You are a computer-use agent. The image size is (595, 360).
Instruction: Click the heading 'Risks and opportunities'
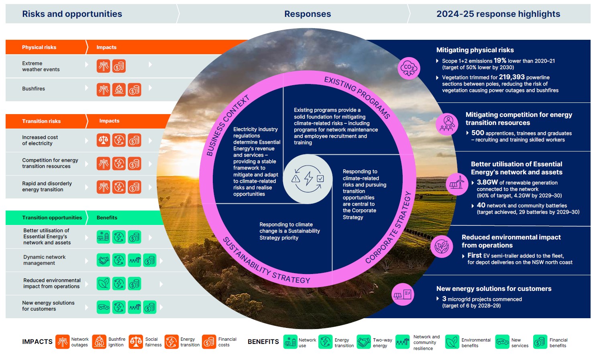click(x=72, y=14)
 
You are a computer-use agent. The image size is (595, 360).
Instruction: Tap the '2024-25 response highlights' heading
click(x=498, y=14)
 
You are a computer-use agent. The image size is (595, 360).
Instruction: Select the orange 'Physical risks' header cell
click(x=39, y=47)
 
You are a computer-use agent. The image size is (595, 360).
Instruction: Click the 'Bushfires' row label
click(x=33, y=89)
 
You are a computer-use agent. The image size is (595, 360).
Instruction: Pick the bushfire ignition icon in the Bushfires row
click(x=119, y=89)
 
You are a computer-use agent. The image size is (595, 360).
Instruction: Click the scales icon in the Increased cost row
click(x=104, y=140)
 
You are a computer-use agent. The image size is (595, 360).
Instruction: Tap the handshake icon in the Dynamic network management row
click(x=104, y=260)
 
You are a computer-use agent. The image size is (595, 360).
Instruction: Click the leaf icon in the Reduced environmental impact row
click(x=104, y=284)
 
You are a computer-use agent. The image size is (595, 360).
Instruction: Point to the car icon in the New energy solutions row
click(x=104, y=307)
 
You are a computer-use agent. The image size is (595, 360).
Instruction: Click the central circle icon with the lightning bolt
click(x=308, y=179)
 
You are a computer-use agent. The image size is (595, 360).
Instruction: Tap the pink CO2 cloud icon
click(x=409, y=68)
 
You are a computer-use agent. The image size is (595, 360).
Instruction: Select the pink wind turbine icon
click(x=457, y=184)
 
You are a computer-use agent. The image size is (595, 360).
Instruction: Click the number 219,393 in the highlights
click(x=511, y=77)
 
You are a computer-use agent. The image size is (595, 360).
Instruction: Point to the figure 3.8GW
click(x=487, y=182)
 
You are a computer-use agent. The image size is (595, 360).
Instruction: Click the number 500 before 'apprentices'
click(x=477, y=133)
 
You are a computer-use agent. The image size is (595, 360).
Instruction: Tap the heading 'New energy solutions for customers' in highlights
click(x=493, y=289)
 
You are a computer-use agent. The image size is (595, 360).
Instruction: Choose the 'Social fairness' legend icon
click(x=136, y=342)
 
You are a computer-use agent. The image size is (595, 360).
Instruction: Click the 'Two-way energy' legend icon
click(x=364, y=342)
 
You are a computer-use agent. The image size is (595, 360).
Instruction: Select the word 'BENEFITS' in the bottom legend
click(x=263, y=342)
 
